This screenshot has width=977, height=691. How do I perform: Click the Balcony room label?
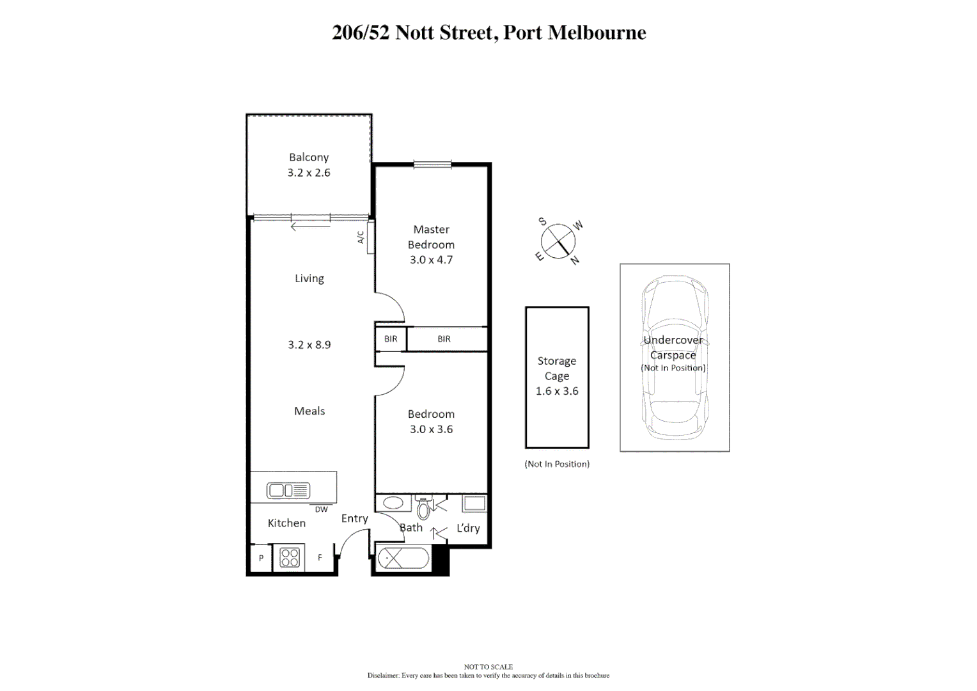pos(309,157)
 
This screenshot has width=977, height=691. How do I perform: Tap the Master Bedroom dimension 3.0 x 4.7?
pos(431,260)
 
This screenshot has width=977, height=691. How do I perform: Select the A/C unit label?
pos(361,237)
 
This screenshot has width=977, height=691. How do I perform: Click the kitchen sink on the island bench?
pos(288,491)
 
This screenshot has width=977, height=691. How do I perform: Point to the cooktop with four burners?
pos(290,557)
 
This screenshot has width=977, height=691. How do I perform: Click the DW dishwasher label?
pos(321,509)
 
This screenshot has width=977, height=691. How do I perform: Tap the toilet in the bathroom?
pos(423,508)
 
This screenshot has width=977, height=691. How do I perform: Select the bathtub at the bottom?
pos(403,559)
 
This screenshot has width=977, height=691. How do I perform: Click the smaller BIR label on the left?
pos(391,339)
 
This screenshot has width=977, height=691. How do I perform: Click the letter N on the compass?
pos(575,260)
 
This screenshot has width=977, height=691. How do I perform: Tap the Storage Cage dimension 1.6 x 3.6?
pos(557,391)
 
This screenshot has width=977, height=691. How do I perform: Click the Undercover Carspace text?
pos(673,347)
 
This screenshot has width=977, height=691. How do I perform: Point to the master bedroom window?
pos(432,164)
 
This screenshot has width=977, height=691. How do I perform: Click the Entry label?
pos(354,518)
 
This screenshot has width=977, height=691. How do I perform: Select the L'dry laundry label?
pos(468,528)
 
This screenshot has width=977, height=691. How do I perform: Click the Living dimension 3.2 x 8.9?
pos(309,345)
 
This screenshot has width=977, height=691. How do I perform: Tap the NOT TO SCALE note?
pos(488,667)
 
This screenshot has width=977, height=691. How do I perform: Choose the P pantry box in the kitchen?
pos(261,558)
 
